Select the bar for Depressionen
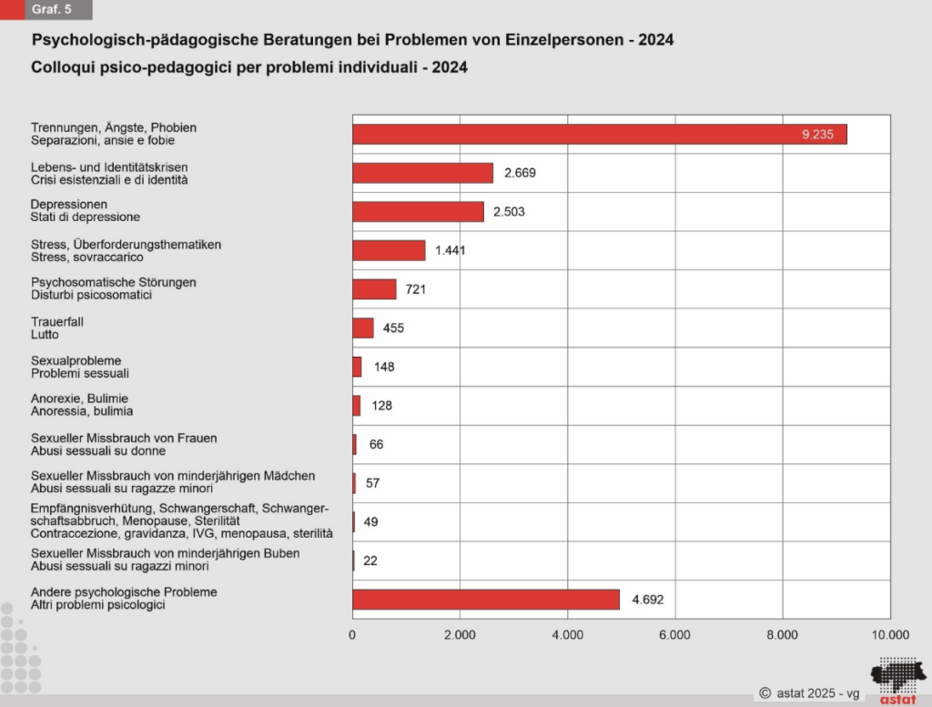click(418, 212)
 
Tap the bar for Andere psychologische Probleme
click(485, 600)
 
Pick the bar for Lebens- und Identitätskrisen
click(422, 173)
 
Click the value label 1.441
click(450, 251)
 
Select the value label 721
click(416, 289)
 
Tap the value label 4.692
click(648, 600)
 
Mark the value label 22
click(370, 561)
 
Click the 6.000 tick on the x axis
click(674, 635)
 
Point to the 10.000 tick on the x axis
click(889, 635)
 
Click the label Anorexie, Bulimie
click(79, 399)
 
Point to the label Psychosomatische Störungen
click(113, 282)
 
